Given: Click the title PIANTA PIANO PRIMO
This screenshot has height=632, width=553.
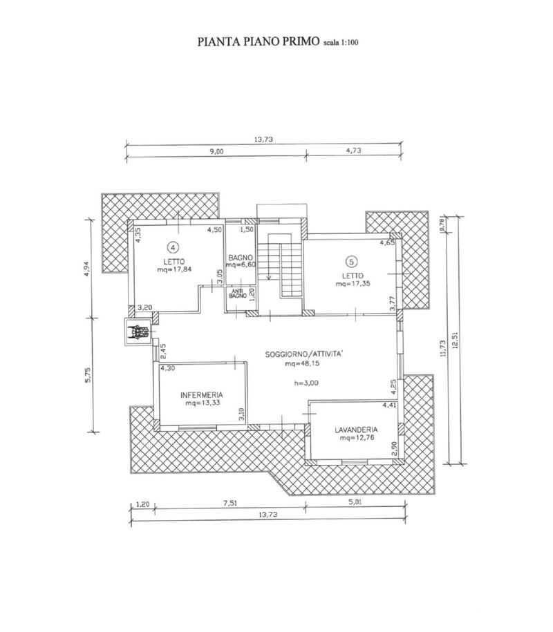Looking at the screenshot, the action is [258, 41].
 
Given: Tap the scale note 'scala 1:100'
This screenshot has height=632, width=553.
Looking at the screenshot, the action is [341, 42].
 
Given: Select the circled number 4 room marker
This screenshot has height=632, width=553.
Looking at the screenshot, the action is [173, 246].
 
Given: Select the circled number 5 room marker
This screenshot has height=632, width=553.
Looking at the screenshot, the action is [352, 262].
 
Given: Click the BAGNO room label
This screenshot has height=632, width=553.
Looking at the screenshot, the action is [241, 258].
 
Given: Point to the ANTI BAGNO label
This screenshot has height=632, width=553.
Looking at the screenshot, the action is [238, 294].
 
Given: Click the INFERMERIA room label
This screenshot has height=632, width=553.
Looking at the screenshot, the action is [202, 395].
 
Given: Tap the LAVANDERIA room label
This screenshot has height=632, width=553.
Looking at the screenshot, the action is [356, 430].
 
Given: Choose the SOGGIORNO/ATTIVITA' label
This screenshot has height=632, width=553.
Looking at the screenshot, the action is [304, 354].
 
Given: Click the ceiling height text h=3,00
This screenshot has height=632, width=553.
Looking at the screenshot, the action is [306, 383].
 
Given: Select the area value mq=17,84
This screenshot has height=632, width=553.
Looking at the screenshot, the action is [174, 269].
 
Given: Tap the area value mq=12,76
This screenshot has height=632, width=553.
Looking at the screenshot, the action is [357, 438].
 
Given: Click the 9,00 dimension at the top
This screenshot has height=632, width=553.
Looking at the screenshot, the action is [216, 151].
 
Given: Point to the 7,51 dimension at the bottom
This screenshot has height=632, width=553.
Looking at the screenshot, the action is [230, 504].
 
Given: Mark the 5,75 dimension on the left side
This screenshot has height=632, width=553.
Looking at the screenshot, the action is [88, 375].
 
